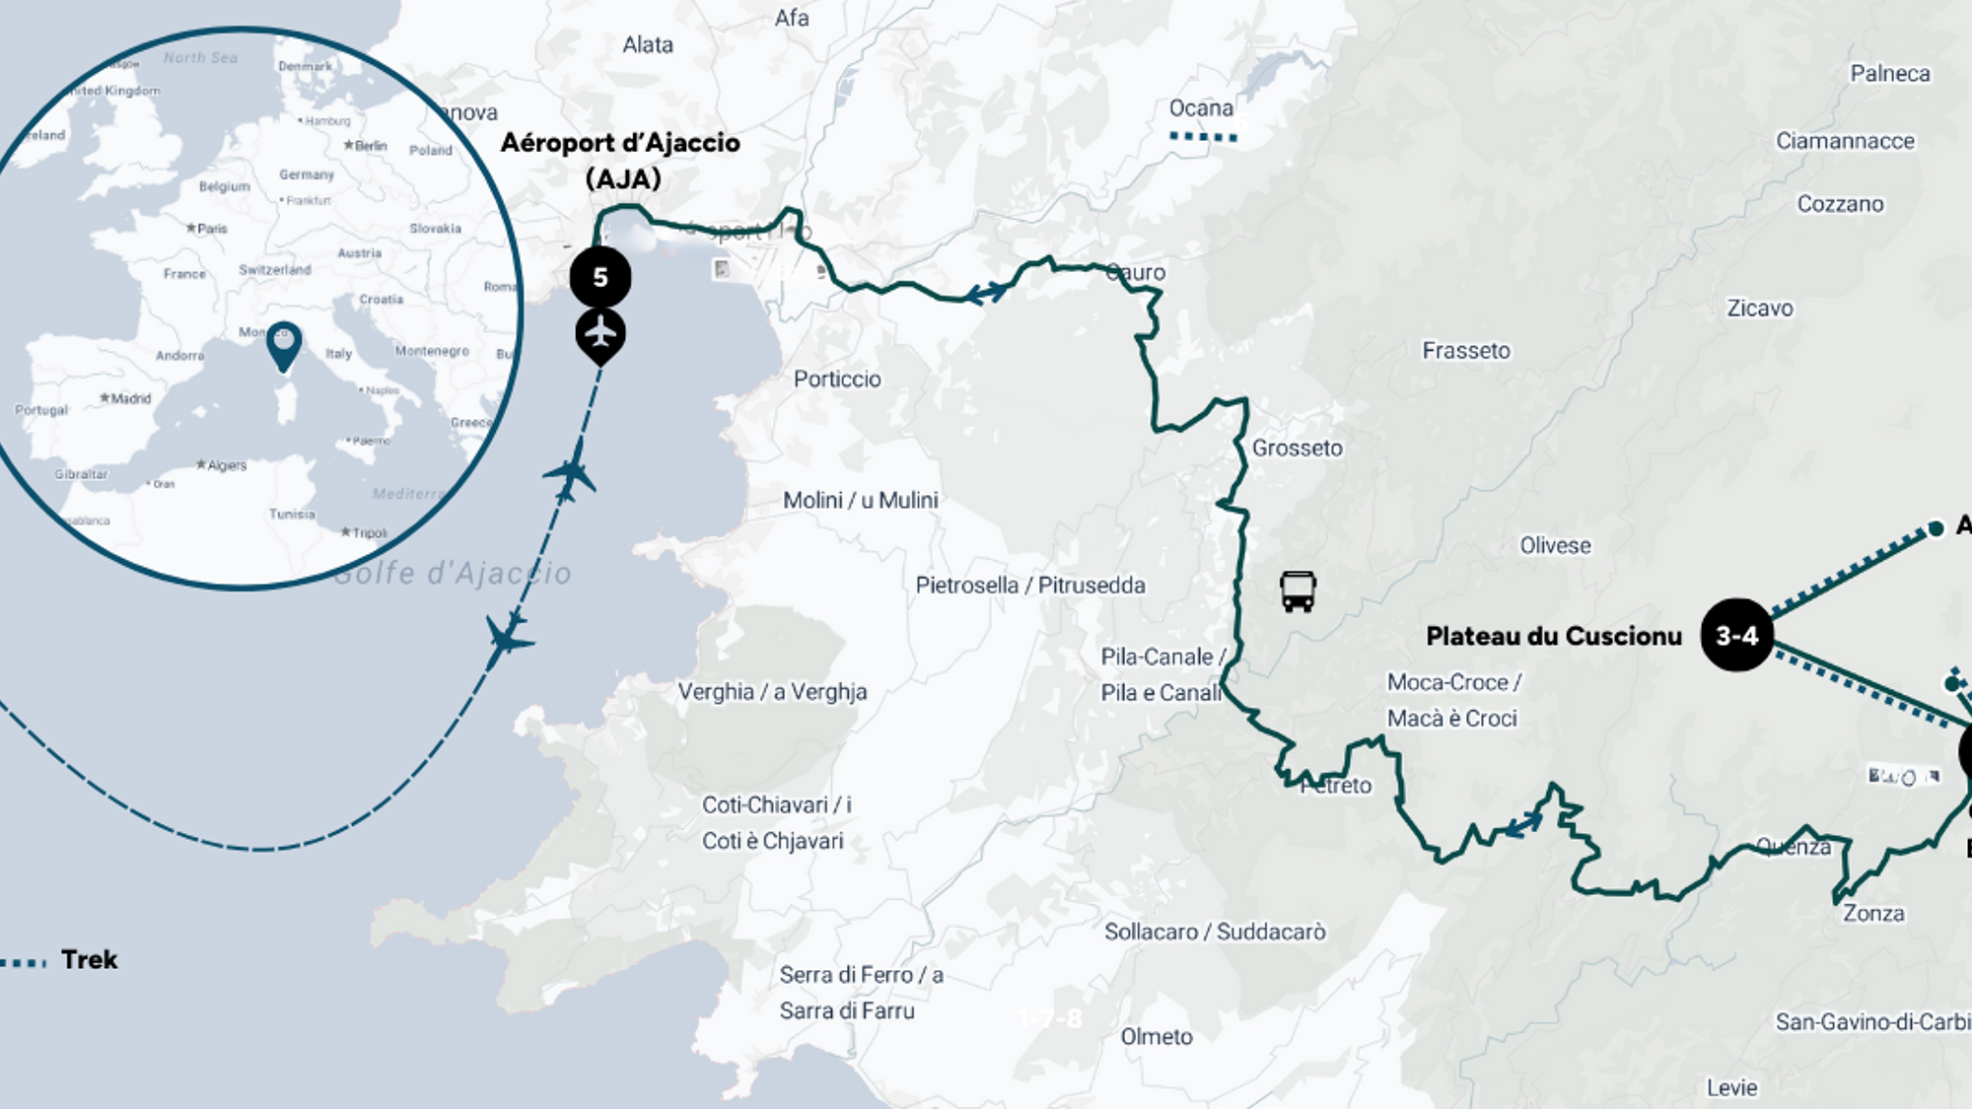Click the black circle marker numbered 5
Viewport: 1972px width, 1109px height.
point(599,277)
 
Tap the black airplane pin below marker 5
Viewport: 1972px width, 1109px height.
point(599,334)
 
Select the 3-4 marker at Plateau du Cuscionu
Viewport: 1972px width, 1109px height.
point(1736,636)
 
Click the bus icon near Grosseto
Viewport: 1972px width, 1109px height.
point(1298,591)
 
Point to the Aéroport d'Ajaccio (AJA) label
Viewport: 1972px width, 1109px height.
point(621,161)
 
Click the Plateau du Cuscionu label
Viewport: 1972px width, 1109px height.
point(1554,636)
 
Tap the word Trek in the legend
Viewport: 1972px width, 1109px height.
point(89,959)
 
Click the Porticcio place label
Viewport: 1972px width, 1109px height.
point(837,379)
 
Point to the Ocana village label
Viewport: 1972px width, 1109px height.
point(1201,108)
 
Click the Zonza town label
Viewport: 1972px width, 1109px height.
point(1873,913)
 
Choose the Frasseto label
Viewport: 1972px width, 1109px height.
point(1465,351)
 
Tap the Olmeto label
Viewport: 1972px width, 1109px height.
point(1157,1036)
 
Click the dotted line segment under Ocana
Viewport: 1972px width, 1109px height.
point(1203,137)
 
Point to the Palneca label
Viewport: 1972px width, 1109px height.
point(1889,74)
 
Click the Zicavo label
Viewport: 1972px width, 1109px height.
point(1759,309)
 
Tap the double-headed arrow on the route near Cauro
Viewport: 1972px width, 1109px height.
point(987,293)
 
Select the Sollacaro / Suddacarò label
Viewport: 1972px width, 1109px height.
point(1215,932)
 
